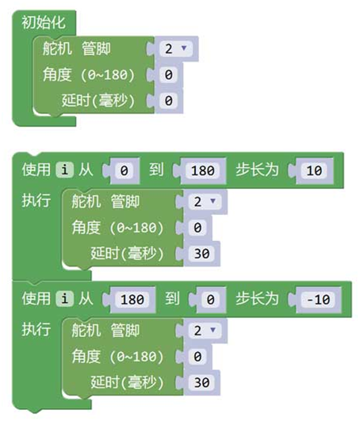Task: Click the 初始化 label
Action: (44, 22)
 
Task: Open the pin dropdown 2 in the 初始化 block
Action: (176, 48)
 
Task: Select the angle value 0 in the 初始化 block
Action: (168, 75)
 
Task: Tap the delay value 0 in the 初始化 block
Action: (168, 101)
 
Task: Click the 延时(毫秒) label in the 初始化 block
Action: (98, 101)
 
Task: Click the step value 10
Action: (314, 170)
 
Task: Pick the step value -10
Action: (318, 300)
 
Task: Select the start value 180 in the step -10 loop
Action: (132, 300)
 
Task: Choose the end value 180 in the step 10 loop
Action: (202, 170)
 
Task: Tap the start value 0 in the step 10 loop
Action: (124, 170)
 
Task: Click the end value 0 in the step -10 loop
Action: (210, 300)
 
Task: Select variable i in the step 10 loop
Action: (64, 170)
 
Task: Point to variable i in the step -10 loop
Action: (64, 299)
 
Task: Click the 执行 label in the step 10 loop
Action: (36, 201)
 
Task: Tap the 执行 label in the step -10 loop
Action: (36, 330)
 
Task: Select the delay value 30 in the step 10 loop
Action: (201, 254)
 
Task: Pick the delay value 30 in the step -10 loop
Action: (201, 383)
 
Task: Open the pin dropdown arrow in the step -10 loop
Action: (213, 330)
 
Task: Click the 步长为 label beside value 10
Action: (257, 170)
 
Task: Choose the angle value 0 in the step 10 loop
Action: (197, 228)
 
